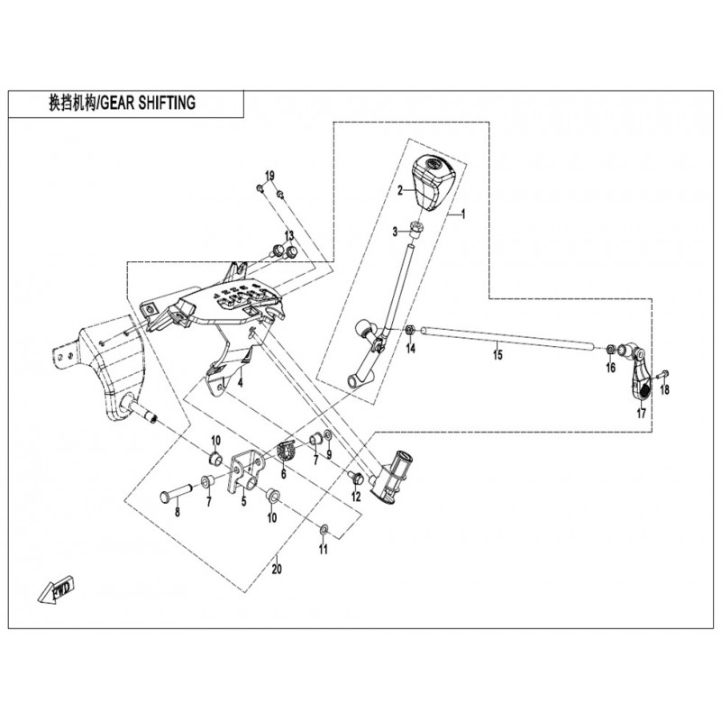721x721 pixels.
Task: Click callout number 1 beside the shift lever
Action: (x=464, y=215)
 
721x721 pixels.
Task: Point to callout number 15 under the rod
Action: (x=497, y=357)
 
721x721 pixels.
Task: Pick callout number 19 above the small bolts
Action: (x=269, y=174)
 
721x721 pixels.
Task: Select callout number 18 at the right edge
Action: (x=665, y=390)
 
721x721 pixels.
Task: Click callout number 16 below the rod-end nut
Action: (x=610, y=368)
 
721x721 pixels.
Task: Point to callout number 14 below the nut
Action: (x=409, y=348)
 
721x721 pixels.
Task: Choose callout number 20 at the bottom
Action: (x=277, y=569)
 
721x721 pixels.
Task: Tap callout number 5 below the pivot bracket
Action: (x=242, y=501)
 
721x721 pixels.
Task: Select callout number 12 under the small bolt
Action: (x=355, y=497)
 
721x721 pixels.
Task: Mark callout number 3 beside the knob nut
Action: (x=395, y=233)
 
